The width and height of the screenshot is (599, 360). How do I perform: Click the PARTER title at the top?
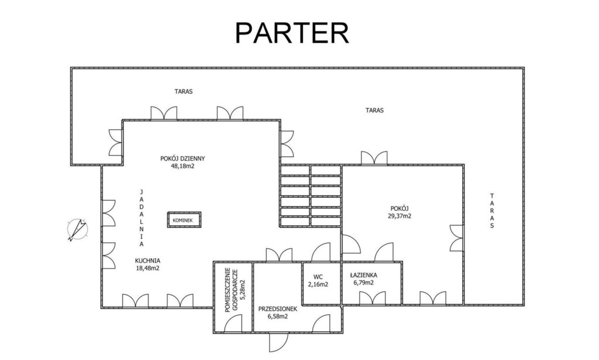[x=292, y=33]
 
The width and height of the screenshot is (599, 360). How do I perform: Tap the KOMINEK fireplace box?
[x=184, y=220]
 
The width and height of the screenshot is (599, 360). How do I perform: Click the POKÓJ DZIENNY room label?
[x=183, y=158]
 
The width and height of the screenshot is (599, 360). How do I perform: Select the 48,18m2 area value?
[x=183, y=166]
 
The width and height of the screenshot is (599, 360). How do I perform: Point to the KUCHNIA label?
[x=147, y=260]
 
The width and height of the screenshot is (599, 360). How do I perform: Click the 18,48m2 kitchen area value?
[x=147, y=268]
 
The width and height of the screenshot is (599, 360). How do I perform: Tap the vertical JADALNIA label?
[x=142, y=217]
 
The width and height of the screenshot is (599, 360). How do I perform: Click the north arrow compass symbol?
[x=78, y=229]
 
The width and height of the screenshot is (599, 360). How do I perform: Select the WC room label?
[x=318, y=277]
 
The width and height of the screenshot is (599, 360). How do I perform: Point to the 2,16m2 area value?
[x=318, y=284]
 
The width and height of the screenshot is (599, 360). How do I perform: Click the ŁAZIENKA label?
[x=364, y=275]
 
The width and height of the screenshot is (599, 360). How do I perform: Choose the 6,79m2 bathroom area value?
[x=364, y=283]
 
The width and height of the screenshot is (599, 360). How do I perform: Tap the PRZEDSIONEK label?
[x=278, y=309]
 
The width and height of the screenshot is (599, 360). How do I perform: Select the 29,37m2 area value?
[x=400, y=216]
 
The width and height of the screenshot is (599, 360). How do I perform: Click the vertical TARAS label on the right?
[x=492, y=211]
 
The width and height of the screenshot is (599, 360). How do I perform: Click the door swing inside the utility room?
[x=233, y=323]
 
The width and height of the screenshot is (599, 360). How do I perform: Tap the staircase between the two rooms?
[x=310, y=196]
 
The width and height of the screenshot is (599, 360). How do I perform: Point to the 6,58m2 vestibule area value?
[x=278, y=317]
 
